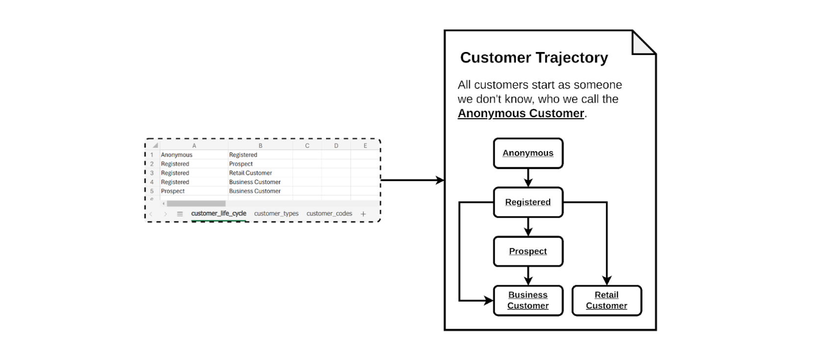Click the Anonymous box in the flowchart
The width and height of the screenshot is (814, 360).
click(528, 153)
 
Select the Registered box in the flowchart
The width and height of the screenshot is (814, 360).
click(528, 202)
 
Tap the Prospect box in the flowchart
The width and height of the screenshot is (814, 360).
click(528, 251)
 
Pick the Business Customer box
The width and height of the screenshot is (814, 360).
click(528, 300)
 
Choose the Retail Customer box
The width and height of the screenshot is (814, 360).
click(606, 300)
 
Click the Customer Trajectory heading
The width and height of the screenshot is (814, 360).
click(534, 57)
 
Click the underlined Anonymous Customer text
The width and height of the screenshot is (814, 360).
click(520, 113)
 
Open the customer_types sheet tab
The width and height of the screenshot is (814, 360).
click(276, 213)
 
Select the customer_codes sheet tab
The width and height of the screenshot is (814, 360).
click(329, 213)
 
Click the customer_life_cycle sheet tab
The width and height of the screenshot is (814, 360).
click(219, 213)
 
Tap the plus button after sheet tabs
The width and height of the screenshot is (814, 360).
click(363, 214)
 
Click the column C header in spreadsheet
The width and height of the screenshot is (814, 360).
click(307, 146)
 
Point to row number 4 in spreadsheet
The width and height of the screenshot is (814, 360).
click(152, 182)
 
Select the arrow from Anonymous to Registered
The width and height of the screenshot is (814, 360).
click(528, 178)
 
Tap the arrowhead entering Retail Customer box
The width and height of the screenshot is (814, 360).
click(607, 281)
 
